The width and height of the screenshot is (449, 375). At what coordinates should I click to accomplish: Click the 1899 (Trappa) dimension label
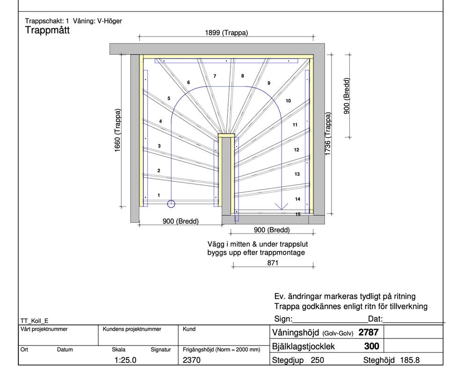226,33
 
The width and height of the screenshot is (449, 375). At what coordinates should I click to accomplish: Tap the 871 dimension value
273,263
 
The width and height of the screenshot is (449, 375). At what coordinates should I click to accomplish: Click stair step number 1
159,195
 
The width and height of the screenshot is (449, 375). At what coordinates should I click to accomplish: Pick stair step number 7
215,76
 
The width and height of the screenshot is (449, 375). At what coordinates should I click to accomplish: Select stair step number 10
288,101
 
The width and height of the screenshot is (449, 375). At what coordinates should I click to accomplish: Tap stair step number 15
298,214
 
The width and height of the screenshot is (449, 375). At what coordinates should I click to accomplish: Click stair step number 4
160,121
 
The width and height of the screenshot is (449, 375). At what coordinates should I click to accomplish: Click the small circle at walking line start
171,204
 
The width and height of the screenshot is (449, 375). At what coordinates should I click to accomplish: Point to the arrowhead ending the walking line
281,206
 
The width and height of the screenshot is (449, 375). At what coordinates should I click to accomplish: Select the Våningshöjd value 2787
368,332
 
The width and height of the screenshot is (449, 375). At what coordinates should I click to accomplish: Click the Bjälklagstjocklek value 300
371,346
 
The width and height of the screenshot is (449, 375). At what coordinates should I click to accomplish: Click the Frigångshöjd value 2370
192,360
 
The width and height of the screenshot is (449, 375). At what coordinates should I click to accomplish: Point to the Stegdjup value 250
316,360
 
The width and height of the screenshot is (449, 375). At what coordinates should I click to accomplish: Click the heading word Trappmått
47,31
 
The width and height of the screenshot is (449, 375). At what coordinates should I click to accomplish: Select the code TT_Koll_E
35,321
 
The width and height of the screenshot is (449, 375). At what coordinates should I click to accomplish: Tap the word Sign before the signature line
282,319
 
